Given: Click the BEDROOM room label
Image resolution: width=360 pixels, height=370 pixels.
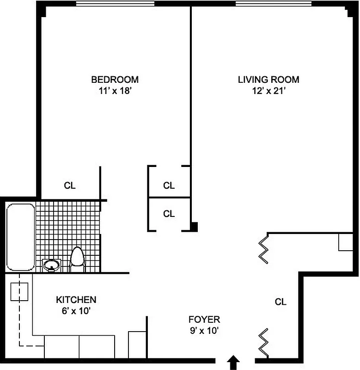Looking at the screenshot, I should click(114, 79).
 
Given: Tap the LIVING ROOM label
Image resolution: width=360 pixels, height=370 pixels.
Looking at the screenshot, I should click(268, 79).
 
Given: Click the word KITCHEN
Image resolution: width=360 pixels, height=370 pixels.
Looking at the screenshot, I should click(76, 299).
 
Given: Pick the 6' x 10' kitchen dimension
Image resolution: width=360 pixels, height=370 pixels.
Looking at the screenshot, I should click(76, 311).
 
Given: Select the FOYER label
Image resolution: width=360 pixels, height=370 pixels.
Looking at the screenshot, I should click(204, 319).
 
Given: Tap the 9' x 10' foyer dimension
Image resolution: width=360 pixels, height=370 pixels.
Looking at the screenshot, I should click(204, 331).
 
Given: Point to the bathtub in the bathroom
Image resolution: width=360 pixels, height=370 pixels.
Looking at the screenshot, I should click(20, 237).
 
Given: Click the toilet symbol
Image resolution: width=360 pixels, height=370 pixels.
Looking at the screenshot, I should click(77, 259).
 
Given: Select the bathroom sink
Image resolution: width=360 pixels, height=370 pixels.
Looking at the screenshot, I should click(50, 265).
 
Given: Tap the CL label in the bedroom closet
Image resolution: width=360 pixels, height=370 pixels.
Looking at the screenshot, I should click(70, 186).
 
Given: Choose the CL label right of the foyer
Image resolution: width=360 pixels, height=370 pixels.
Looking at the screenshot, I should click(281, 302).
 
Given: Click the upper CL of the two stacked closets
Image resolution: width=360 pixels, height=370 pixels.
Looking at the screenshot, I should click(169, 185).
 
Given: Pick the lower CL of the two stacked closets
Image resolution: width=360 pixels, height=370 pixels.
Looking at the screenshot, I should click(169, 214).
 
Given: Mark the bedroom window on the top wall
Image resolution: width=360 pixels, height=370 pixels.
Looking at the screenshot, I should click(115, 4).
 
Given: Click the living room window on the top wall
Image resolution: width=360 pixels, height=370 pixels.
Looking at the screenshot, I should click(274, 4).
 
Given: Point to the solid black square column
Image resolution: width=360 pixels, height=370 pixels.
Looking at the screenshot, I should click(195, 227).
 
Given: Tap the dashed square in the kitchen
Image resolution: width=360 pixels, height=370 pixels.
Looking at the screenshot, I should click(19, 292).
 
